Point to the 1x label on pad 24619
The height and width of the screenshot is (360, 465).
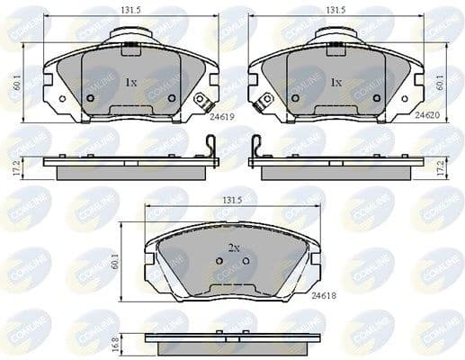pos(130,82)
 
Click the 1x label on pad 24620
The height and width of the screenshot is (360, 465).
pos(335,82)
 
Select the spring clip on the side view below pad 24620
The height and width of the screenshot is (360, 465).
pos(256,148)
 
